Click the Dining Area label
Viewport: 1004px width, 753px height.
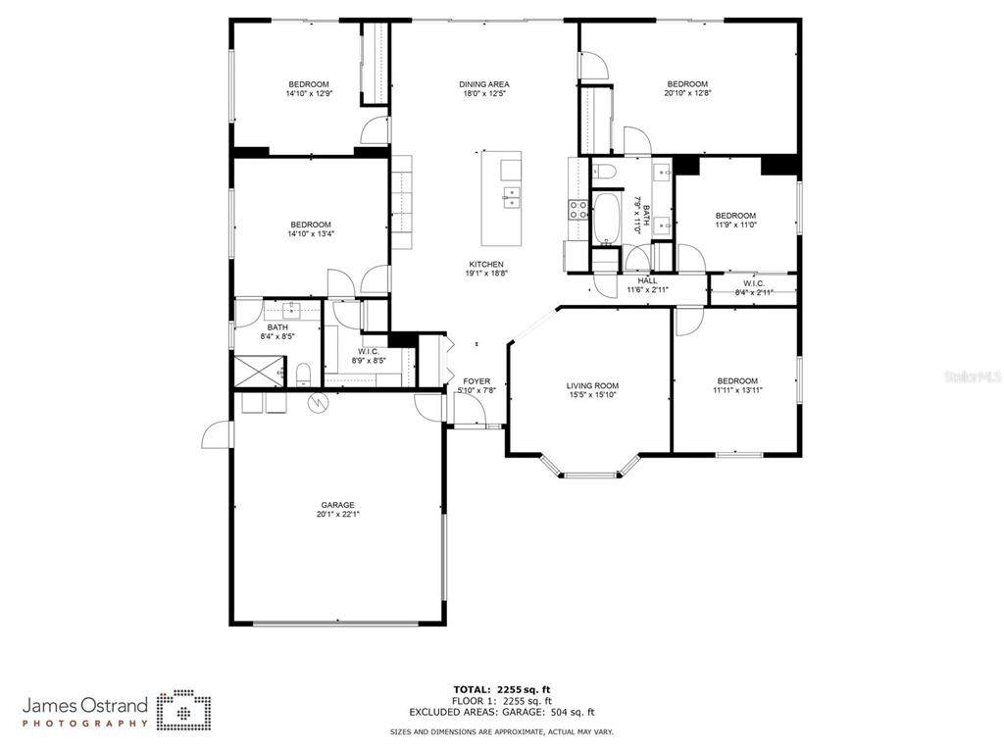484,84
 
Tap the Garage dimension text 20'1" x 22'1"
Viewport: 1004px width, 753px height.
338,514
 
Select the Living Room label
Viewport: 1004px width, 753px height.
592,385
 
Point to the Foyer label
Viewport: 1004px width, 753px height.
477,381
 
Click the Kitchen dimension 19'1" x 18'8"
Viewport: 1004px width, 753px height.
486,273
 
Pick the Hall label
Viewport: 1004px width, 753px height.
647,280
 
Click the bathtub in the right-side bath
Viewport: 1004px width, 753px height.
605,219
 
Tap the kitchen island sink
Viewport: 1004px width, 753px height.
511,197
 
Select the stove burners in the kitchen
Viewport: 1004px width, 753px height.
578,210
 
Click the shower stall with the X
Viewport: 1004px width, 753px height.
259,372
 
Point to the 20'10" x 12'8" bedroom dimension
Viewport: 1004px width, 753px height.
687,93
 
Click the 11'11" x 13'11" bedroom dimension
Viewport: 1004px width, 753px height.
737,389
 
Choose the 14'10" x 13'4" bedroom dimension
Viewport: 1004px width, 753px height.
311,233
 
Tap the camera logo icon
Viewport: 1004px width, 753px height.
184,710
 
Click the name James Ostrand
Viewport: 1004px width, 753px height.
85,706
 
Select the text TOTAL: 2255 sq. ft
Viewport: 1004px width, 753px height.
502,689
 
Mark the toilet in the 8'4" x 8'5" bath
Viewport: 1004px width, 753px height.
304,375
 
